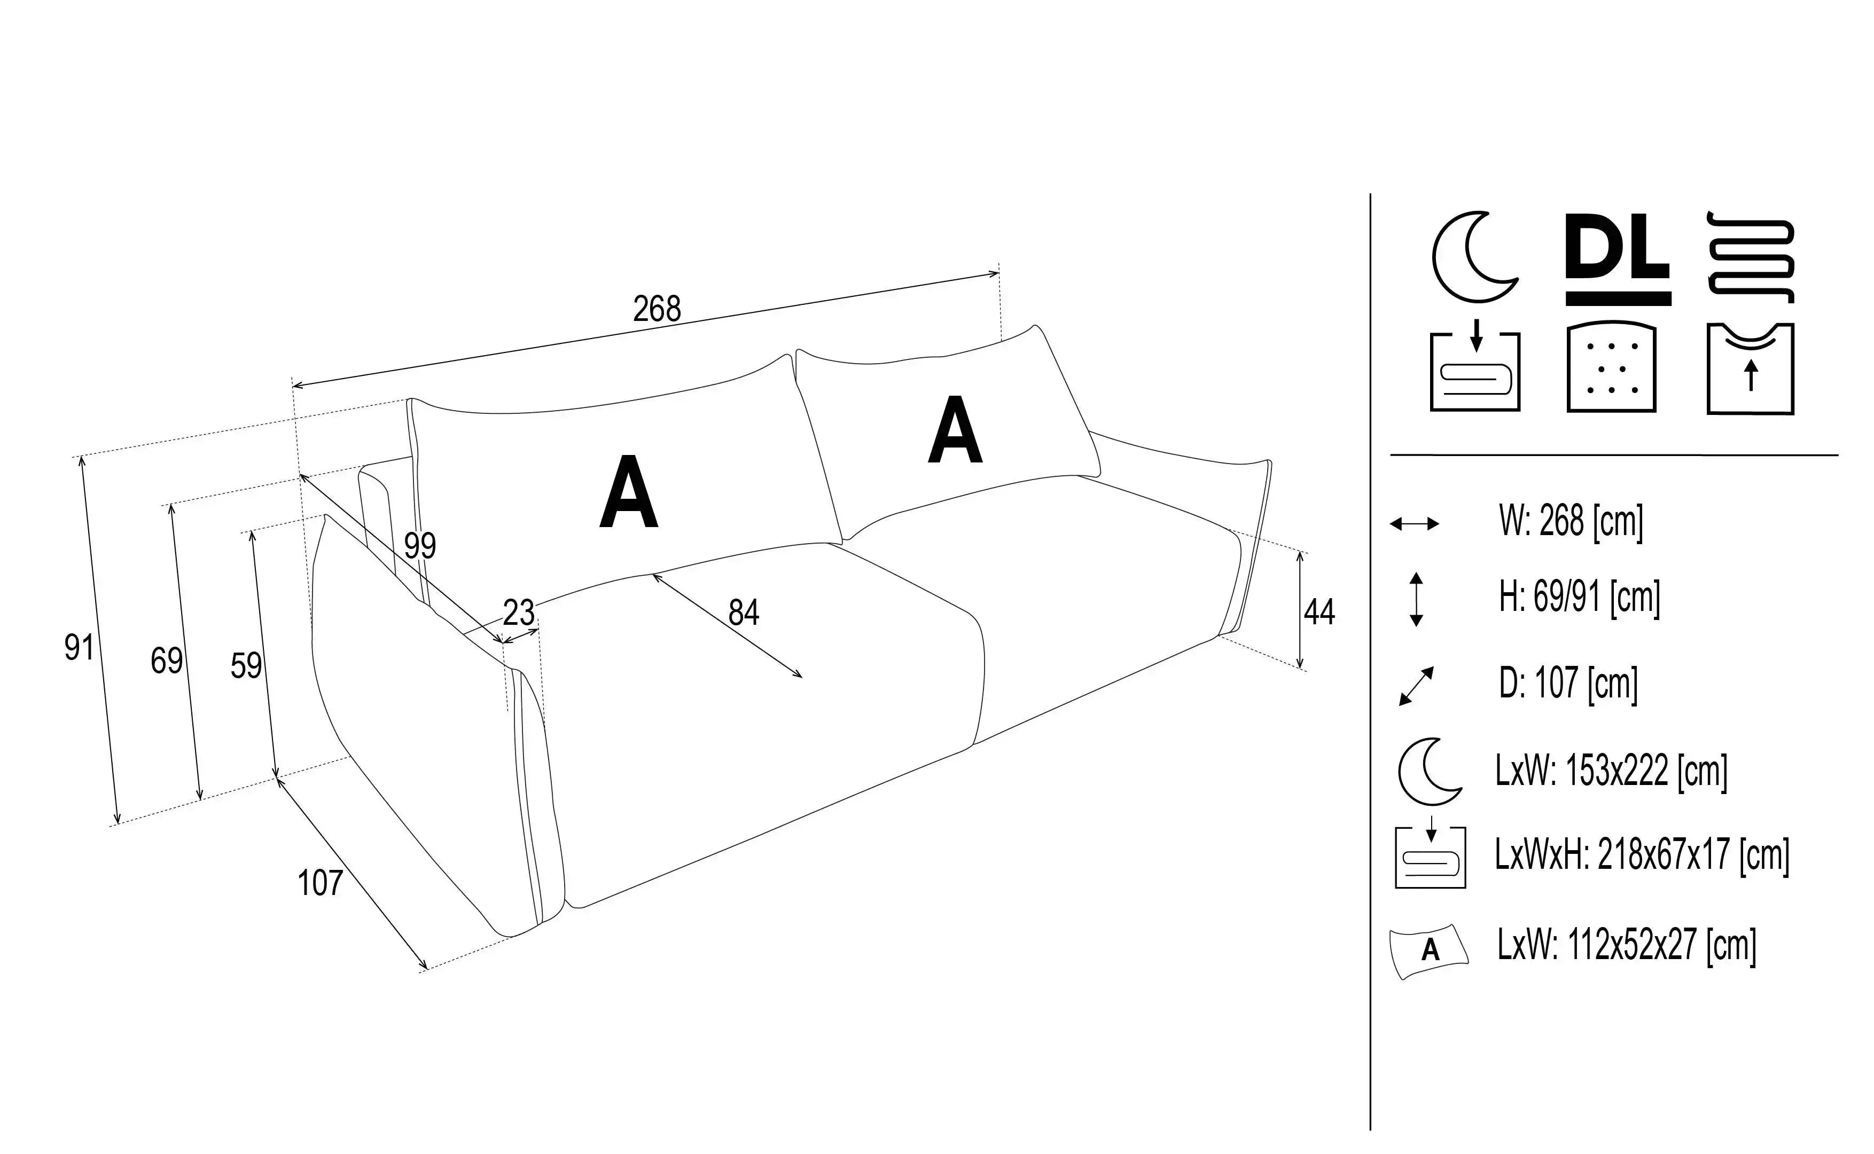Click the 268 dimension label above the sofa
tap(657, 309)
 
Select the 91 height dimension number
tap(80, 647)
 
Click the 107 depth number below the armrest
tap(320, 883)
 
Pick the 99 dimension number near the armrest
tap(420, 546)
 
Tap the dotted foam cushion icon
tap(1611, 368)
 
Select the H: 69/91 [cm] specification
tap(1579, 598)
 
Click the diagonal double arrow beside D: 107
tap(1416, 685)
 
